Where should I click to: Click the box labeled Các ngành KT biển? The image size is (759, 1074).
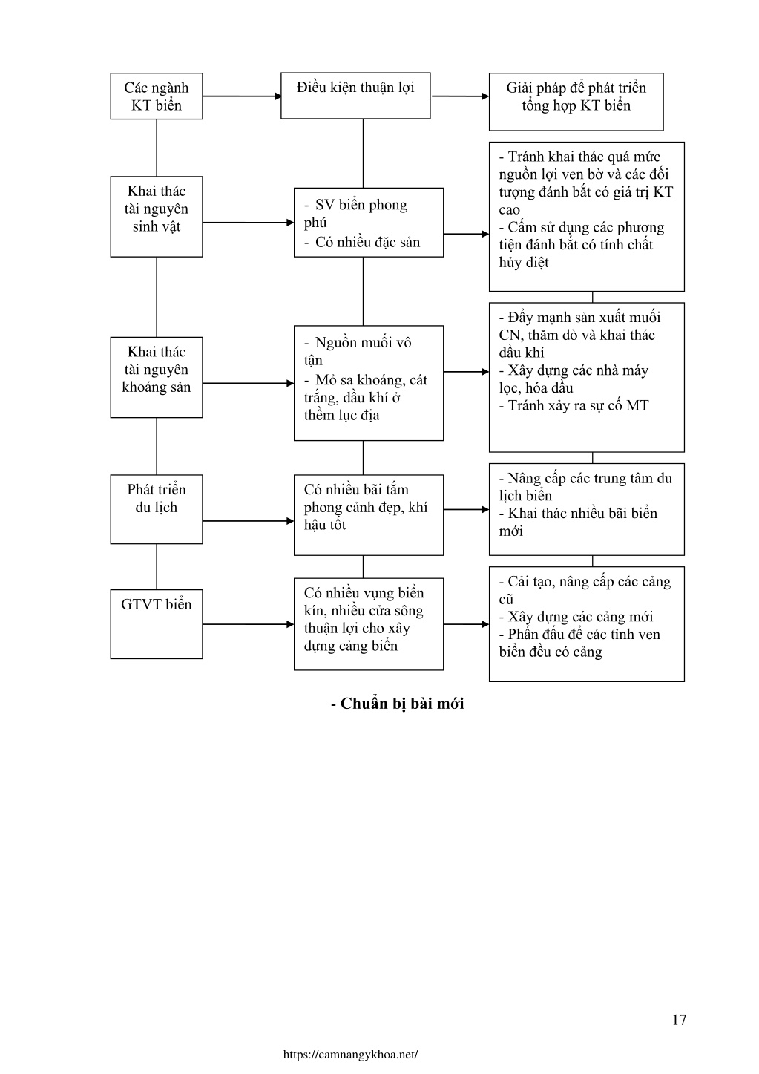(157, 96)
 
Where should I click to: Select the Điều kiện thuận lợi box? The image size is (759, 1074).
(355, 96)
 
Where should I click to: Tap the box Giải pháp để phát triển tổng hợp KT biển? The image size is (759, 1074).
(576, 102)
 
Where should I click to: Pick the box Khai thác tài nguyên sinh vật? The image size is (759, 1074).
(157, 217)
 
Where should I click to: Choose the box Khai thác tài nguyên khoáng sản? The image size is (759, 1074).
(157, 377)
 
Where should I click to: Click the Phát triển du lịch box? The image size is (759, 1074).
(157, 509)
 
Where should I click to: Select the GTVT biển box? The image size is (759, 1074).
(157, 624)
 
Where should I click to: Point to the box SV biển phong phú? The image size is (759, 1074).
(369, 223)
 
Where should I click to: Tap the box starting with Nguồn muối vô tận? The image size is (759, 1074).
(369, 383)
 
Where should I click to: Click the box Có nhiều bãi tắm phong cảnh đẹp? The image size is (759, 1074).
(369, 515)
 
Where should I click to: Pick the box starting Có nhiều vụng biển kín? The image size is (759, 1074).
(369, 624)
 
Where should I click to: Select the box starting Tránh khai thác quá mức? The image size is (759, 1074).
(586, 217)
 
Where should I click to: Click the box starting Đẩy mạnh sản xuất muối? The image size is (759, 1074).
(586, 377)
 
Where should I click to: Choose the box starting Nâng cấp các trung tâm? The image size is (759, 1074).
(586, 509)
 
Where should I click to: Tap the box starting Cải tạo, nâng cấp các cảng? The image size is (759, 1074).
(586, 624)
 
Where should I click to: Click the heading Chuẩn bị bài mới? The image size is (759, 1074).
(397, 704)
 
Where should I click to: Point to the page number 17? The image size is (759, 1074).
(679, 1019)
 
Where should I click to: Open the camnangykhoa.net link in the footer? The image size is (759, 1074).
(350, 1055)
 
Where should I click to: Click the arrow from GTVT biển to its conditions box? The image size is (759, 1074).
(249, 624)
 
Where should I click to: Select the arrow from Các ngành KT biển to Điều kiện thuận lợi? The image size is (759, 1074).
(242, 96)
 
